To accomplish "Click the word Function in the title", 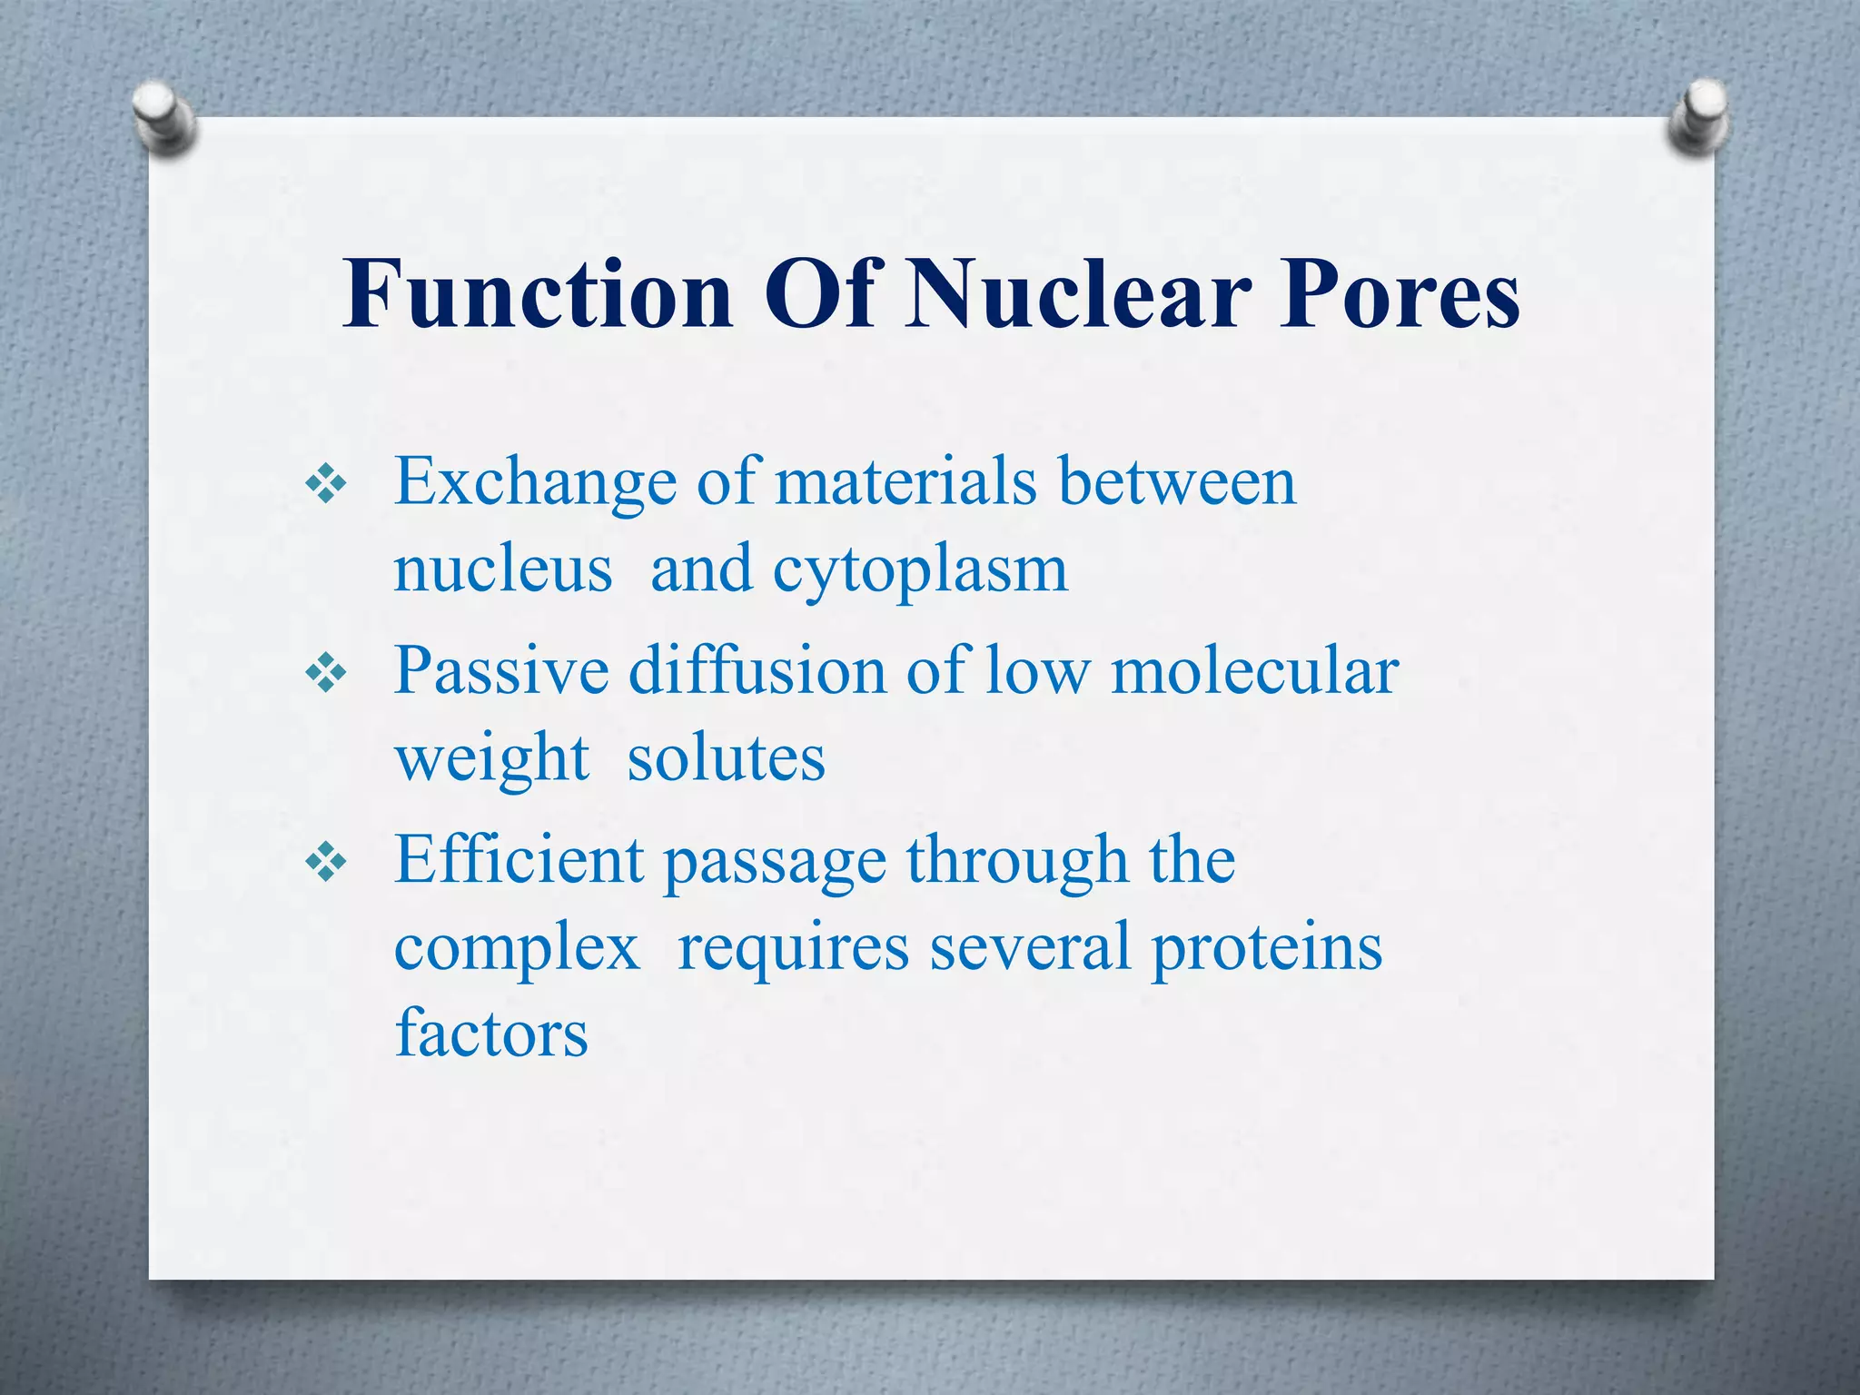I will (x=538, y=294).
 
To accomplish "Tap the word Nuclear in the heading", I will (x=1078, y=294).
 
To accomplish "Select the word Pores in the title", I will (x=1400, y=294).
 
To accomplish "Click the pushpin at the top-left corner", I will (x=163, y=116).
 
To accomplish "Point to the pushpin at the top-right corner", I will (x=1697, y=116).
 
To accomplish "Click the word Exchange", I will (x=535, y=483).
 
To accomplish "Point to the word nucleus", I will (x=502, y=570).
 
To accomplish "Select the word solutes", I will (x=727, y=758).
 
